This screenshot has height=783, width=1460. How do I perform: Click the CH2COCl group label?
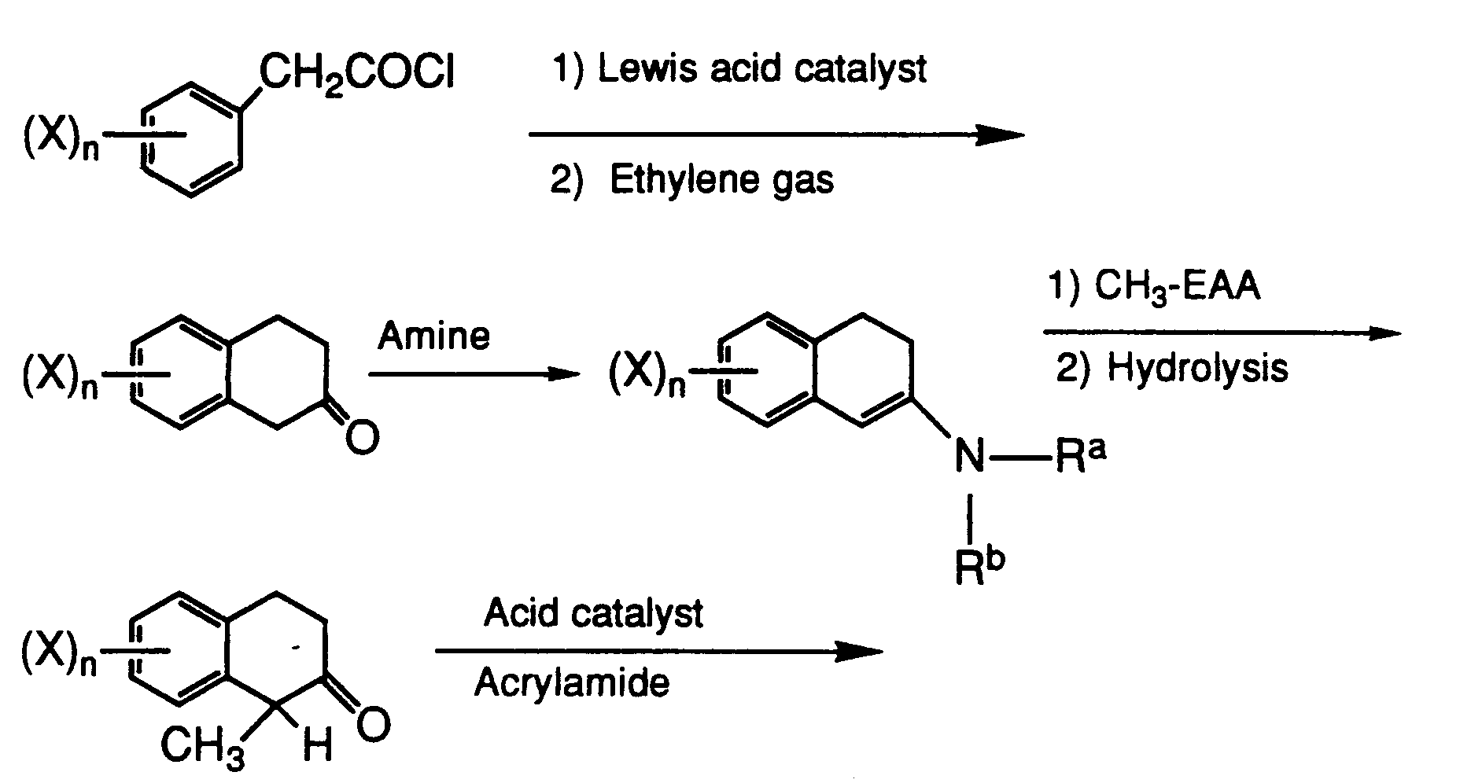[356, 77]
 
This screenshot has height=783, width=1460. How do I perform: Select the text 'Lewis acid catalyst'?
[761, 69]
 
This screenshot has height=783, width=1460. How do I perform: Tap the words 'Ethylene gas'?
[721, 181]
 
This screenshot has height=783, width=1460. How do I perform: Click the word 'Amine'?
[433, 336]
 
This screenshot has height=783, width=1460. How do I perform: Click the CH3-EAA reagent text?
[1177, 288]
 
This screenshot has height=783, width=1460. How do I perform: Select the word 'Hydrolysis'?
[1197, 368]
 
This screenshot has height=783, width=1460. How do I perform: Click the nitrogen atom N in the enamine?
[970, 456]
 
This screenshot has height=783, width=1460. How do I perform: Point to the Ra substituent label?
[1080, 455]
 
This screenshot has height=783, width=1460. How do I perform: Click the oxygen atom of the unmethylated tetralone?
[362, 439]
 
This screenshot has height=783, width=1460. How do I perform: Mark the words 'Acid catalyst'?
[593, 613]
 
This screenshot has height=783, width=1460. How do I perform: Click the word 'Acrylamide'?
[572, 682]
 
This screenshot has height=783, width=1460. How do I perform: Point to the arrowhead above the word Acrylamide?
[860, 651]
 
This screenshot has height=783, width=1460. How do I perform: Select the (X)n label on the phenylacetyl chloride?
[62, 142]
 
